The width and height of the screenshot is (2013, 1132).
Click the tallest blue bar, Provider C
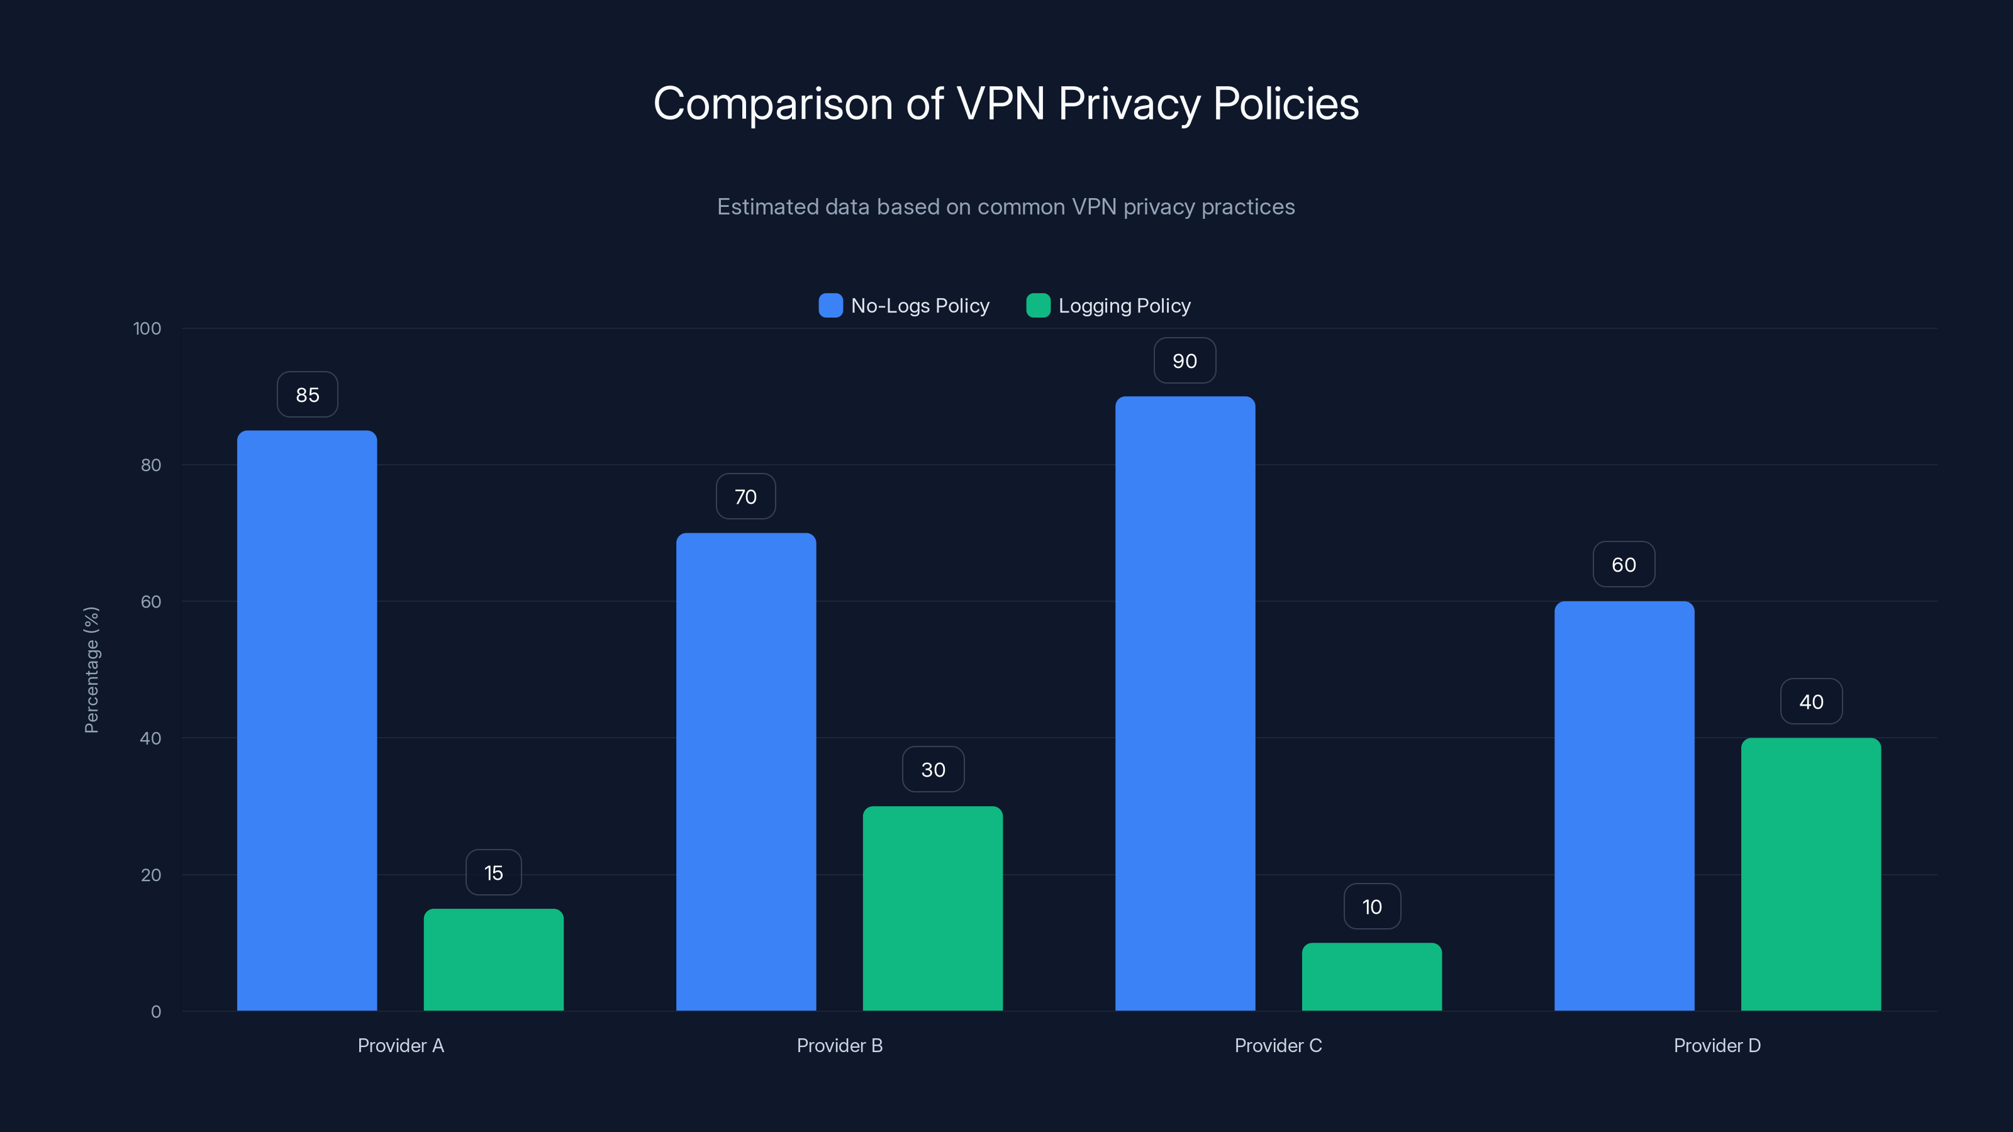[1185, 703]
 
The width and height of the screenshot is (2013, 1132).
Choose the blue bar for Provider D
[1624, 806]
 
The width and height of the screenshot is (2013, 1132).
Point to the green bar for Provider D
[1810, 874]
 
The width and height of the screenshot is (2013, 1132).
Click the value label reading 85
[307, 394]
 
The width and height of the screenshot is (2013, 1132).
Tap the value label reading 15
[493, 873]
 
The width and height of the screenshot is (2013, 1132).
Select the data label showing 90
[1185, 361]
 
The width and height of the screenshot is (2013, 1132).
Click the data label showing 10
[1371, 906]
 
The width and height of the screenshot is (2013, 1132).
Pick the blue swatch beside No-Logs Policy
[830, 306]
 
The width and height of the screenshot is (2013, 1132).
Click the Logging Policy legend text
[1124, 306]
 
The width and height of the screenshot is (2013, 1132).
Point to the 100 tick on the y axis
[147, 329]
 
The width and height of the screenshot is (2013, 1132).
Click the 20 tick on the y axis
[151, 875]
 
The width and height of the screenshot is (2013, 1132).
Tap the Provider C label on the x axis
[1278, 1045]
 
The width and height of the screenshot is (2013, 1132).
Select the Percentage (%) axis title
[91, 670]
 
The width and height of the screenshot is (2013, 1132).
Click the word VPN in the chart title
[1000, 103]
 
